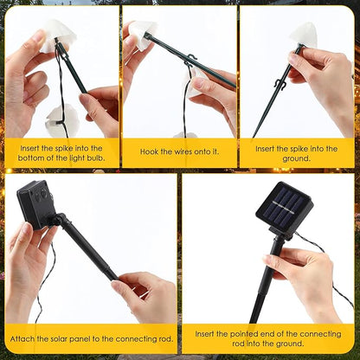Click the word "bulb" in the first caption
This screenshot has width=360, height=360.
(x=95, y=158)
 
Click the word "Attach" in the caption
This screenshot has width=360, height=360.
(x=22, y=338)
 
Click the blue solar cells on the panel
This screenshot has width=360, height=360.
(x=284, y=207)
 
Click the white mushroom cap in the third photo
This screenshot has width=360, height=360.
(x=304, y=35)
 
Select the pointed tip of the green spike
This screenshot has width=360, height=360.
(x=254, y=137)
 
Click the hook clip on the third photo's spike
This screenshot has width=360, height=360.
(x=279, y=84)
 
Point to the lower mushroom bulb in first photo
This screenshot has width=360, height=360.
(x=61, y=121)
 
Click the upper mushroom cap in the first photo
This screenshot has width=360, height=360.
(x=60, y=34)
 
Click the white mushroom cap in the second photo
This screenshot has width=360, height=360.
(x=141, y=35)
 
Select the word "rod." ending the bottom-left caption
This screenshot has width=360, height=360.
(x=166, y=338)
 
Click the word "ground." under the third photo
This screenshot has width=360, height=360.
(x=296, y=158)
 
